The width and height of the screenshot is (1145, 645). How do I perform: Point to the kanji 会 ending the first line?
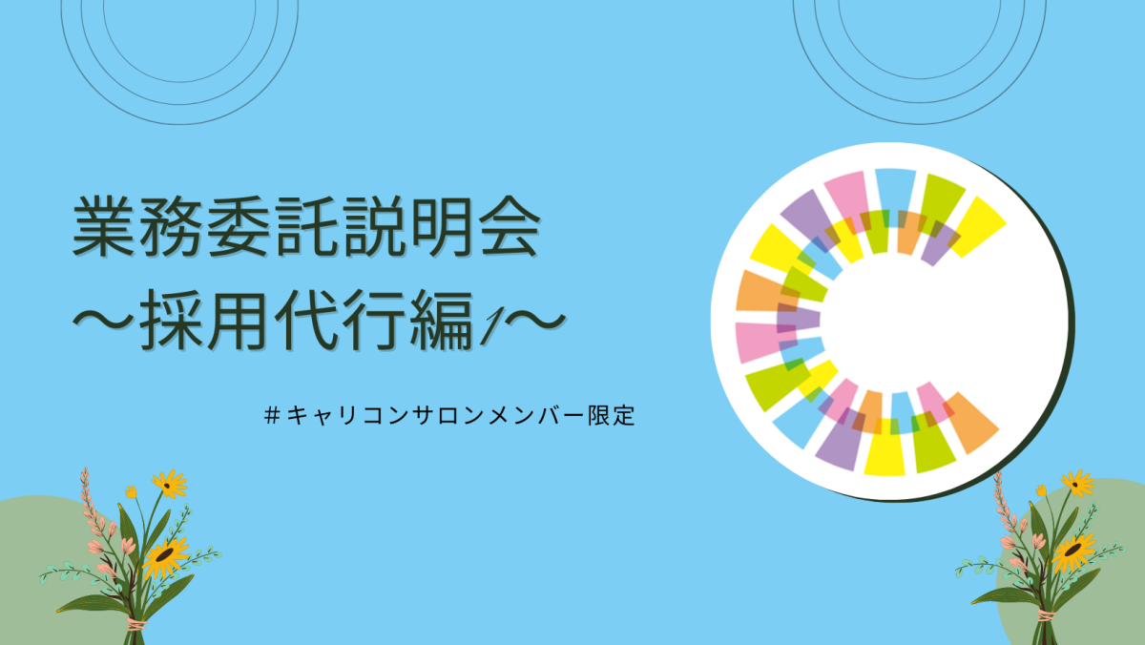(508, 226)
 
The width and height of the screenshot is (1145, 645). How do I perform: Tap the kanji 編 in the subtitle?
(441, 320)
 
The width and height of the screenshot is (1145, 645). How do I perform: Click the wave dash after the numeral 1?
(534, 320)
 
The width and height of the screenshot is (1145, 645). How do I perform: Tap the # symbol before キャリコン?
(273, 415)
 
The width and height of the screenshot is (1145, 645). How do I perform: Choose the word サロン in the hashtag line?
(447, 415)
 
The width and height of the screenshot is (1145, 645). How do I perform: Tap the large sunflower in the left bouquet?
(165, 556)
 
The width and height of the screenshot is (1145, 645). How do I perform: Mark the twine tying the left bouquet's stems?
(135, 625)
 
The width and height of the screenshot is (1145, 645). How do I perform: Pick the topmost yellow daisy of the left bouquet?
(170, 484)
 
